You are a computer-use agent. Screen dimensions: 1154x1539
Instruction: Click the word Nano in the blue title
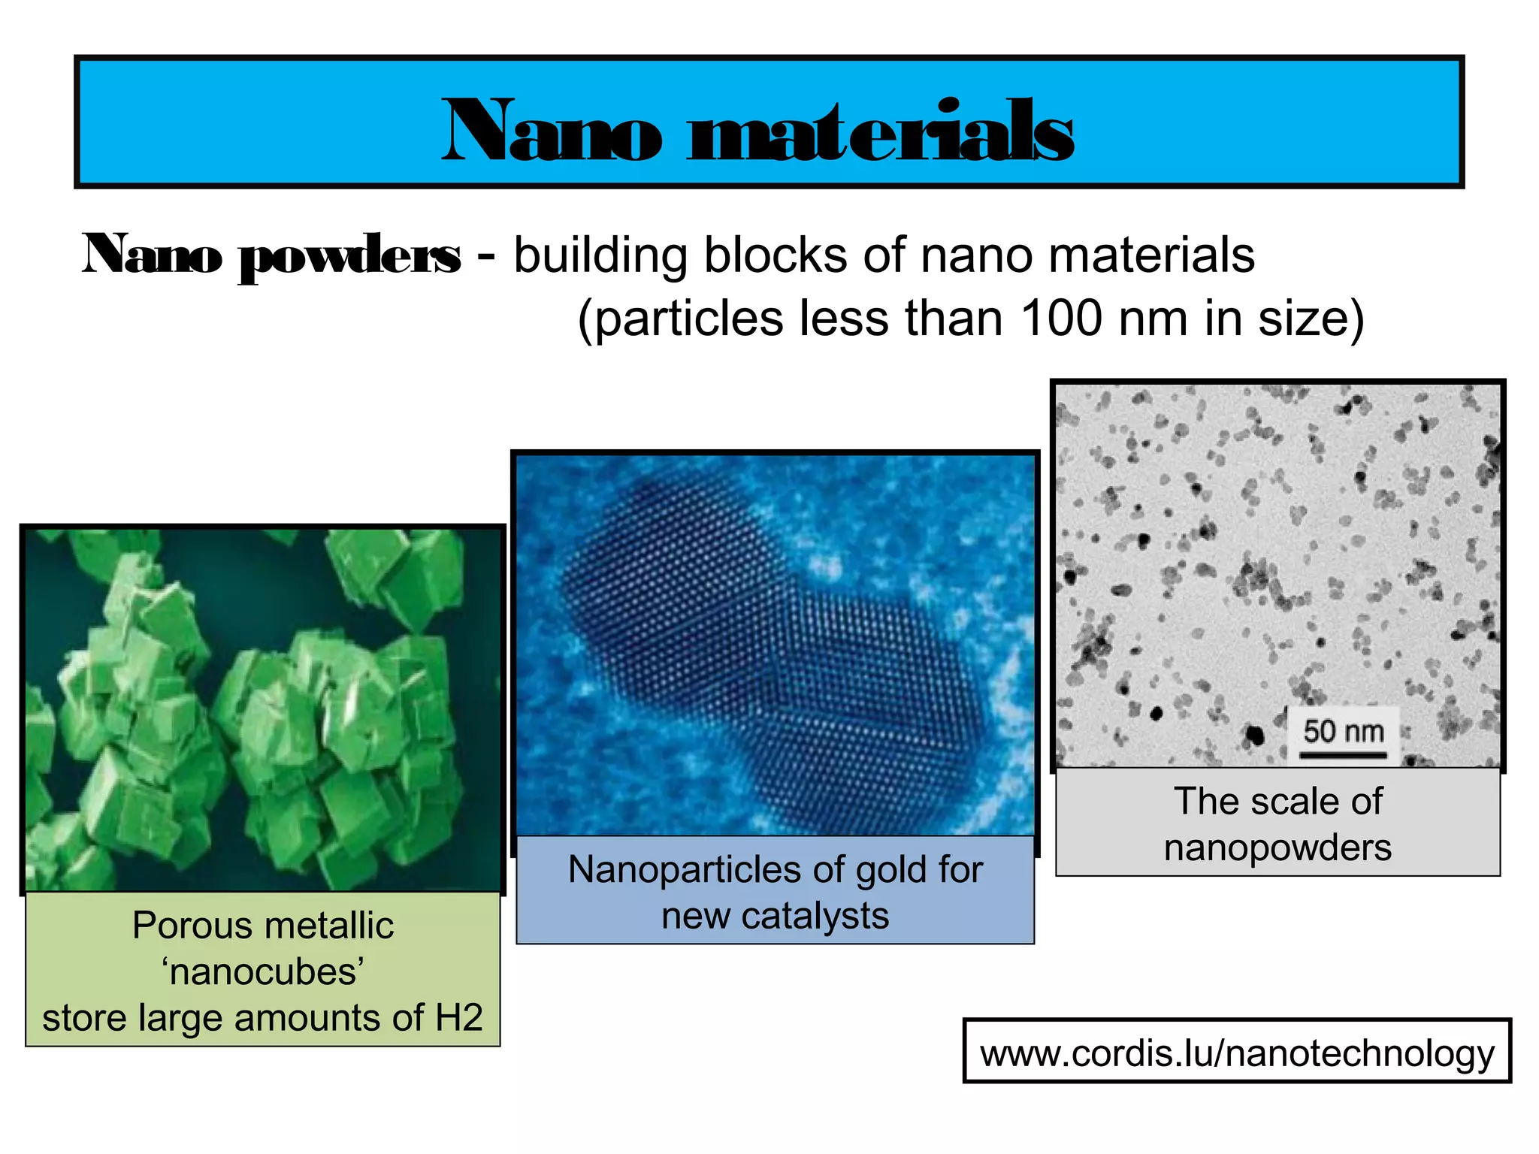tap(552, 131)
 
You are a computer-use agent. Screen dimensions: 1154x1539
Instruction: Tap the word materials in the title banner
tap(880, 131)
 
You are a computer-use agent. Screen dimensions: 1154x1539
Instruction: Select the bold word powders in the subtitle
tap(349, 255)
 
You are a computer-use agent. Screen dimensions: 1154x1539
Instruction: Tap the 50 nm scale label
tap(1343, 730)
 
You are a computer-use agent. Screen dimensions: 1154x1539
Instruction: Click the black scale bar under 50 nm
tap(1343, 754)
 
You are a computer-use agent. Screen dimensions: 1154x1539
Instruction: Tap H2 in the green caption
tap(459, 1018)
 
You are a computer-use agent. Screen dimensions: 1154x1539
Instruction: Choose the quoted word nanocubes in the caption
tap(263, 971)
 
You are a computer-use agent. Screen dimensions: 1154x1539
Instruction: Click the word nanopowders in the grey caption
tap(1277, 847)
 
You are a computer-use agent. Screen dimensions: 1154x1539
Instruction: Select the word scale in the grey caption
tap(1290, 801)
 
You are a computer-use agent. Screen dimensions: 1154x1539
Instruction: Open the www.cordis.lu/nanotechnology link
tap(1237, 1053)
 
